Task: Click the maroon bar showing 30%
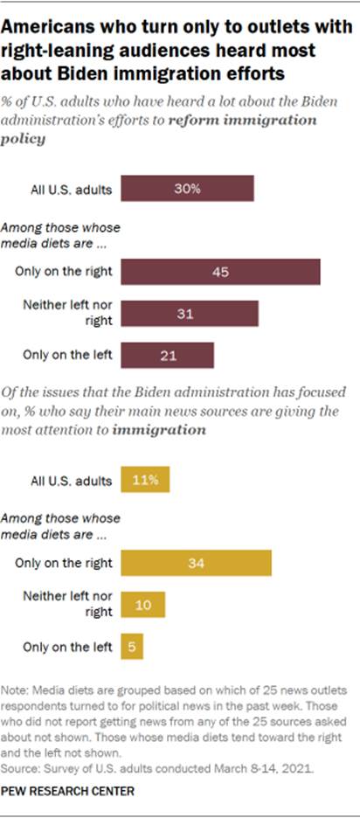[187, 189]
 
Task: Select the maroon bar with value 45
[220, 271]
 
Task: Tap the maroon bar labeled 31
[190, 314]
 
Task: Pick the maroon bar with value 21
[167, 356]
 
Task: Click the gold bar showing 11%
[144, 481]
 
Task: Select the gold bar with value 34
[197, 563]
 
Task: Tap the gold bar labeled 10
[142, 605]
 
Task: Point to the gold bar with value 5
[132, 647]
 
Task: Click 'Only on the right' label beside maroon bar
[63, 271]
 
